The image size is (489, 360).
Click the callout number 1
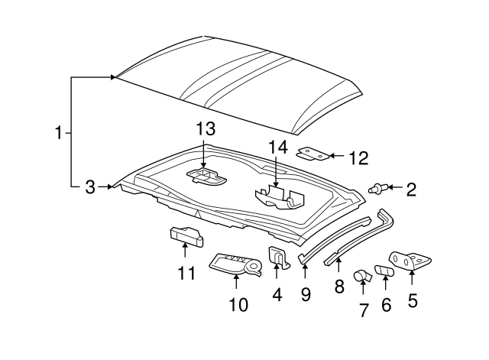(59, 132)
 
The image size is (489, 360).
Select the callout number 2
(411, 189)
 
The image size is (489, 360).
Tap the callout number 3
(90, 186)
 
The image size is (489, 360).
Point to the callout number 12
(358, 158)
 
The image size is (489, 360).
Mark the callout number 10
(238, 305)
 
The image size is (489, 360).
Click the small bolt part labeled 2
(378, 188)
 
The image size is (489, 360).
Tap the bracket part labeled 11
(185, 237)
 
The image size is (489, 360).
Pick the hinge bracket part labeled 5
(406, 261)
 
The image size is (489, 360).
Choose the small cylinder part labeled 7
(361, 275)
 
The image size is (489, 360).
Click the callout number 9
(306, 294)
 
